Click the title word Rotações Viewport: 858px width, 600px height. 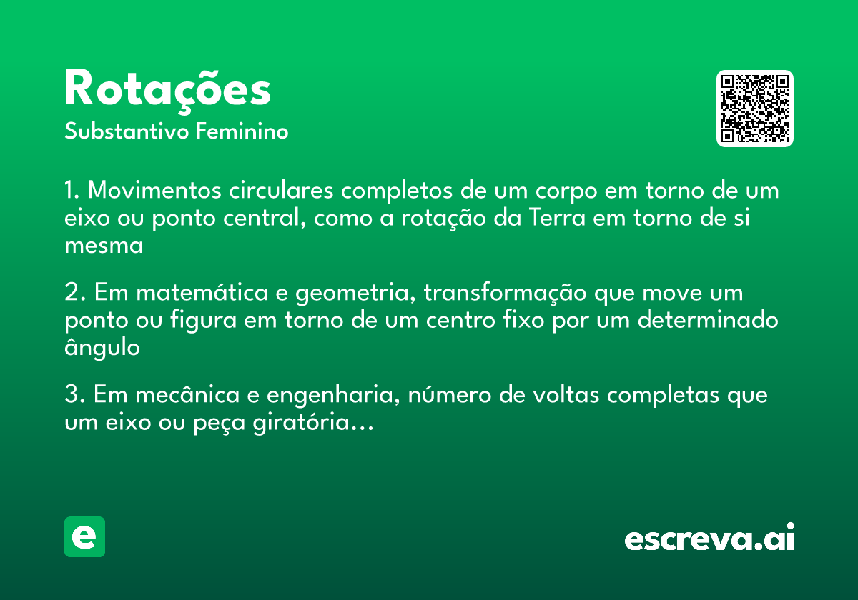point(167,90)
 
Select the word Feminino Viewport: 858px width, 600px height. point(242,132)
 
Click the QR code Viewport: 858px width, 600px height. point(754,109)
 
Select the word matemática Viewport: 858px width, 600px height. point(197,294)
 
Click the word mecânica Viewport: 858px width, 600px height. point(183,396)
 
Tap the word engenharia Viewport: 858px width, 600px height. point(323,396)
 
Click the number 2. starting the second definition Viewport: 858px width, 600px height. point(74,294)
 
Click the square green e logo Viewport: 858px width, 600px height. point(84,536)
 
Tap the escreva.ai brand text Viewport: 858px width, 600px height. point(709,539)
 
